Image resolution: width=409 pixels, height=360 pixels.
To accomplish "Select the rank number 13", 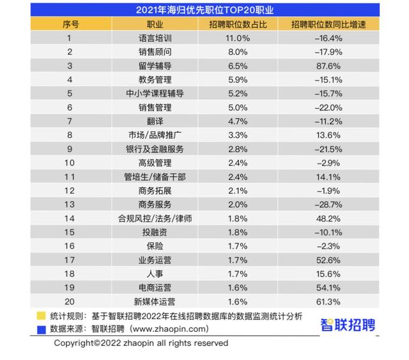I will (x=72, y=204).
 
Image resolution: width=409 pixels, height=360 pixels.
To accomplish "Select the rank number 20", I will (x=72, y=301).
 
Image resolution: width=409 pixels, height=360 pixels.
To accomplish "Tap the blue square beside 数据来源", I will (x=41, y=329).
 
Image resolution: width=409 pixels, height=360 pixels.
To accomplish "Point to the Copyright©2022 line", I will (x=141, y=343).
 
